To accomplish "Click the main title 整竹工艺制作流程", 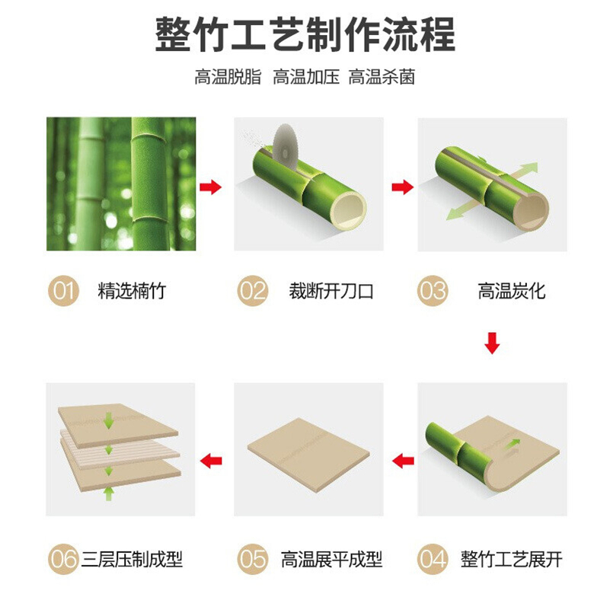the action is (305, 34).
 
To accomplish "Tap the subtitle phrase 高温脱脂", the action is (228, 77).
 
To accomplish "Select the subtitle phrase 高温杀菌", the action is (382, 77).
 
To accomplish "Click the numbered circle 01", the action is (63, 291).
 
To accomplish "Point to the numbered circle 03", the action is (433, 291).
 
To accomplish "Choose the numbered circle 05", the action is (253, 559).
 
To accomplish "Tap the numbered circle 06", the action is (63, 559).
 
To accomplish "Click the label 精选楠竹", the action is (132, 291).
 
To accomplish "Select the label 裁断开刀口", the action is (331, 291).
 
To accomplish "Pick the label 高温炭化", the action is (512, 291).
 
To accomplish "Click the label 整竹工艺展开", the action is (512, 560).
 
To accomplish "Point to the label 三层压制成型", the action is (132, 560).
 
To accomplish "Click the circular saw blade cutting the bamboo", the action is (285, 146).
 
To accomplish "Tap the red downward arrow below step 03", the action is (492, 343).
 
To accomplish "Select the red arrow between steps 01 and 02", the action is (210, 187).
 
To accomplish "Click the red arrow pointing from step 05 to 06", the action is (211, 461).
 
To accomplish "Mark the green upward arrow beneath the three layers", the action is (109, 493).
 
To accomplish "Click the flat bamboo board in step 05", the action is (308, 455).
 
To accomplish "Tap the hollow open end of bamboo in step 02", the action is (350, 210).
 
